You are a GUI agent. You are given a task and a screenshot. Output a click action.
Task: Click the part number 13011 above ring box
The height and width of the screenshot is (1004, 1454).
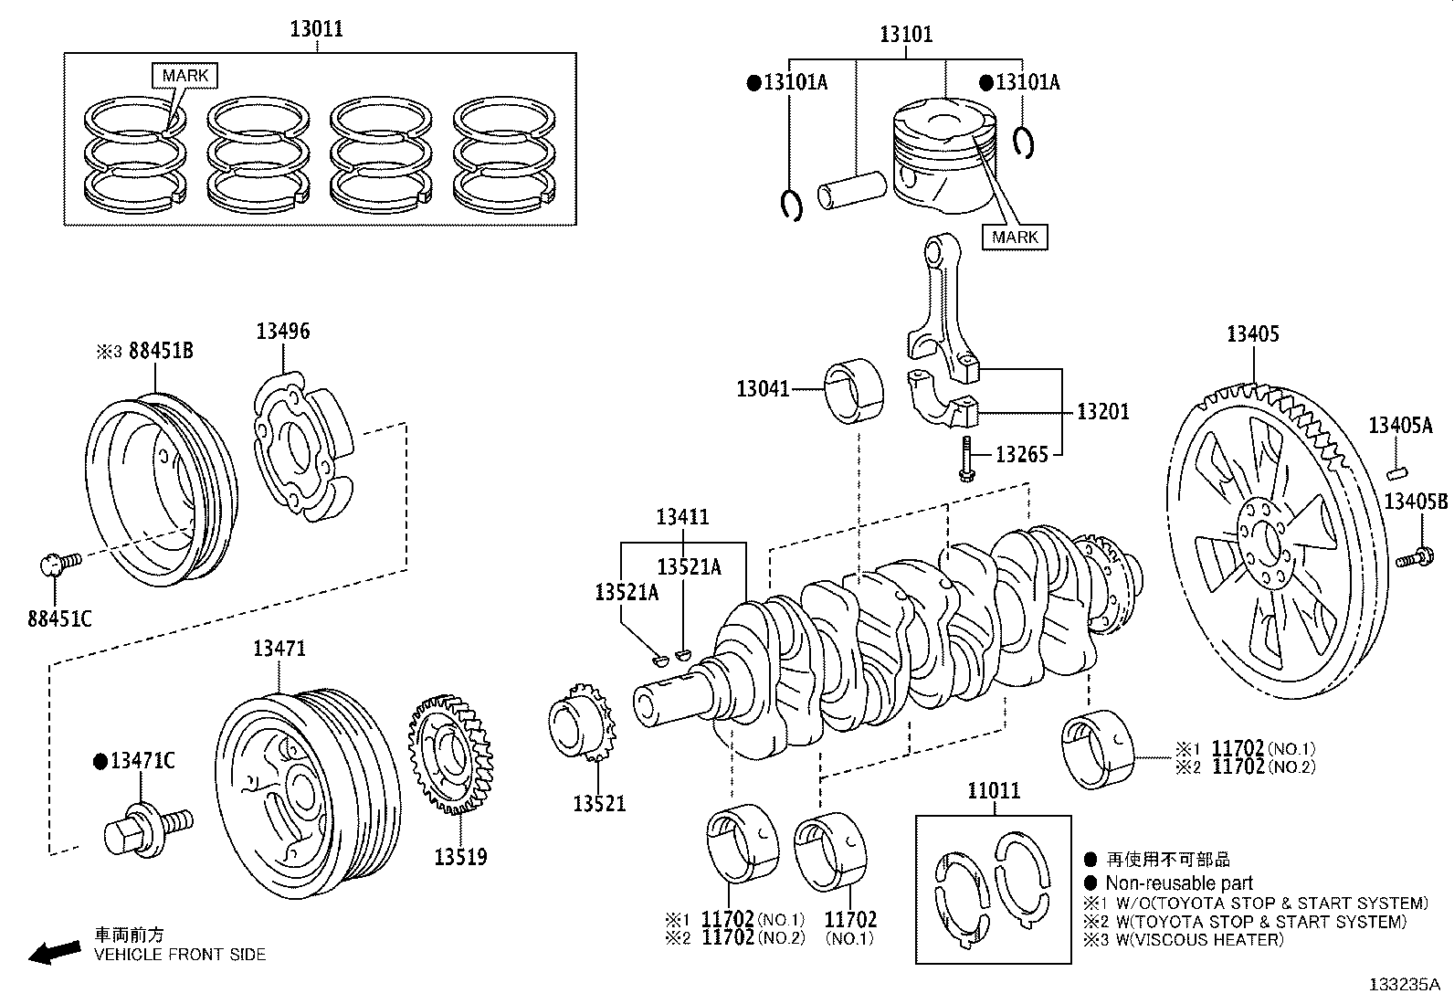317,28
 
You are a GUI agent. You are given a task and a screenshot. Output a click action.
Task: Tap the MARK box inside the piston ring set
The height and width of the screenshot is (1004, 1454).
185,76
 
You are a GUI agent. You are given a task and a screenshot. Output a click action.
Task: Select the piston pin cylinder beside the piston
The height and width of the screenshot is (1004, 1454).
851,192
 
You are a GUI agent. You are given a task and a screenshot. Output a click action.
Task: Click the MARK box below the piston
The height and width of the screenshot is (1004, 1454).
1016,237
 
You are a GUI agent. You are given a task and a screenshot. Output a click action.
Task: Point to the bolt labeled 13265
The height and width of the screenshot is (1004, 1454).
964,457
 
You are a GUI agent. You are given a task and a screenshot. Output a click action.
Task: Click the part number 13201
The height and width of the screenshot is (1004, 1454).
1102,412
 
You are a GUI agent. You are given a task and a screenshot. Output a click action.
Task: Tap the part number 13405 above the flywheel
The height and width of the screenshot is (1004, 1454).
1252,334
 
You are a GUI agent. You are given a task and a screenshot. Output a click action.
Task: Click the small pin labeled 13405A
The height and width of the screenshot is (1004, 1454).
1397,471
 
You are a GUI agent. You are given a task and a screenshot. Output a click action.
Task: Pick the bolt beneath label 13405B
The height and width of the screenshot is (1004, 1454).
1415,555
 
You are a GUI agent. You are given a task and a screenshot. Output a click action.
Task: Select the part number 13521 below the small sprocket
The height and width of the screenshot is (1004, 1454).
599,804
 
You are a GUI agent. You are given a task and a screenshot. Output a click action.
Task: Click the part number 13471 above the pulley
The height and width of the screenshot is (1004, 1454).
279,650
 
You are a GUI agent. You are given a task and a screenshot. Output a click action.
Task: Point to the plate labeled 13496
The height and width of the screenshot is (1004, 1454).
301,448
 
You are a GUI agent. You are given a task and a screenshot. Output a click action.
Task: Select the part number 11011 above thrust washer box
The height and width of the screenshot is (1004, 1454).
993,791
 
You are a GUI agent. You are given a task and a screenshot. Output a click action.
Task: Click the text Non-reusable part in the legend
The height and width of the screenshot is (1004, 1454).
1178,883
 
